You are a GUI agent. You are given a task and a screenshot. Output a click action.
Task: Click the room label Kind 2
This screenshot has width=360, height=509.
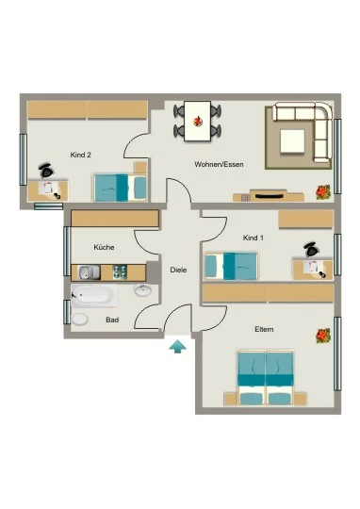pyautogui.click(x=80, y=155)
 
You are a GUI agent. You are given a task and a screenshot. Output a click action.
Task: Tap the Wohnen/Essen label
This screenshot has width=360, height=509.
pyautogui.click(x=219, y=164)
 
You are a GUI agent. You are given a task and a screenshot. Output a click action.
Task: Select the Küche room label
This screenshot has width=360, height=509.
pyautogui.click(x=104, y=247)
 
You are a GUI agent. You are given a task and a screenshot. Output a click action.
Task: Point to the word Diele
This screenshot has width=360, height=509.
pyautogui.click(x=178, y=270)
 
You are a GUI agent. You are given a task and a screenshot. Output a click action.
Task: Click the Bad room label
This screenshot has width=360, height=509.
pyautogui.click(x=112, y=320)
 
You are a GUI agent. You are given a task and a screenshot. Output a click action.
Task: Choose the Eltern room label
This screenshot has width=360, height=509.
pyautogui.click(x=264, y=329)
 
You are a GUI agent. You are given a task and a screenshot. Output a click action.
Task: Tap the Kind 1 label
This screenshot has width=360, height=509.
pyautogui.click(x=254, y=238)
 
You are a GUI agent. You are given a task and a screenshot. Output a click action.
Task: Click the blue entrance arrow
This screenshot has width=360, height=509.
pyautogui.click(x=177, y=346)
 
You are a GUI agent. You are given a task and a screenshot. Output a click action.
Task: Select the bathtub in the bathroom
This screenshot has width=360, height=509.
pyautogui.click(x=94, y=296)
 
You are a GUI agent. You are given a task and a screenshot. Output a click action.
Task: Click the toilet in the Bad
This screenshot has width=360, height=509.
pyautogui.click(x=80, y=320)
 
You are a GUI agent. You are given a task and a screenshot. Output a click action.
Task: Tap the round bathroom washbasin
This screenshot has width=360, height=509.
pyautogui.click(x=142, y=290)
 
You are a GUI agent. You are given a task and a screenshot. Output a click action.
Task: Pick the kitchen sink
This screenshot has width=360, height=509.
pyautogui.click(x=90, y=272)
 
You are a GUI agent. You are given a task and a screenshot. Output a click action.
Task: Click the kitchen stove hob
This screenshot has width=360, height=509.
pyautogui.click(x=120, y=272)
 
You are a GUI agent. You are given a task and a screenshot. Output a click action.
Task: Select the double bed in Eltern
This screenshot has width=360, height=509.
pyautogui.click(x=266, y=378)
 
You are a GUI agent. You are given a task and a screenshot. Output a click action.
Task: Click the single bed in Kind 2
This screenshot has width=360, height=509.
pyautogui.click(x=121, y=188)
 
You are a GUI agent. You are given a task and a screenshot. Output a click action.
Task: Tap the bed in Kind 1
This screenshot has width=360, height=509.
pyautogui.click(x=231, y=266)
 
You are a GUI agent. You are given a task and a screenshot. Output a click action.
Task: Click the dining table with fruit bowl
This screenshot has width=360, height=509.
pyautogui.click(x=197, y=121)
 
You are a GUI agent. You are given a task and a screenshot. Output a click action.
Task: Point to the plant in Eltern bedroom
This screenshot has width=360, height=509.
pyautogui.click(x=323, y=336)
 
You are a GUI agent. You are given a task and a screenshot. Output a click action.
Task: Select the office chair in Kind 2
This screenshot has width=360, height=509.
pyautogui.click(x=46, y=171)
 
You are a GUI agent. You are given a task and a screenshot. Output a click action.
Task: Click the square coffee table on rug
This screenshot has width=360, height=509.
pyautogui.click(x=292, y=141)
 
